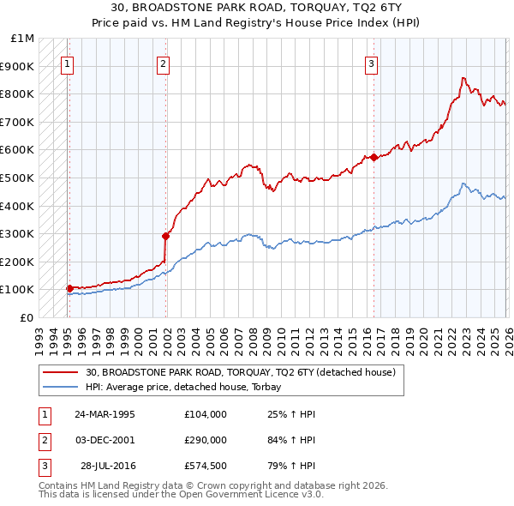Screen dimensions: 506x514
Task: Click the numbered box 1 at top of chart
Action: click(x=67, y=63)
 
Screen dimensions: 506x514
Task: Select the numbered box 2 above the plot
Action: click(x=163, y=63)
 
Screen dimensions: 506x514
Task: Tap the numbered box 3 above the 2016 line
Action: click(x=371, y=63)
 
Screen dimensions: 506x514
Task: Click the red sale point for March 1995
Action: click(x=69, y=288)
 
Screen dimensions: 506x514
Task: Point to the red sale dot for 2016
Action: click(x=374, y=157)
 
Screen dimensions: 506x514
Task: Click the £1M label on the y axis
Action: click(x=23, y=39)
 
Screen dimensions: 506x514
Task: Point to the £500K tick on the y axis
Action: click(x=18, y=178)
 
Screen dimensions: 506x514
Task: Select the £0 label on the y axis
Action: click(x=27, y=317)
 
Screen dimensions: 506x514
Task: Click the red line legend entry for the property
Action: click(x=240, y=372)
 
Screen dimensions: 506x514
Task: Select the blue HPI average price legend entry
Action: click(x=188, y=387)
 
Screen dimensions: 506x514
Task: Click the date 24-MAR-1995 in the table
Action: click(x=105, y=414)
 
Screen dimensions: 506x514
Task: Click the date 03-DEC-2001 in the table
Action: click(x=105, y=440)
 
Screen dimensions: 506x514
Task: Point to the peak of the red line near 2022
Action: click(x=463, y=78)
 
